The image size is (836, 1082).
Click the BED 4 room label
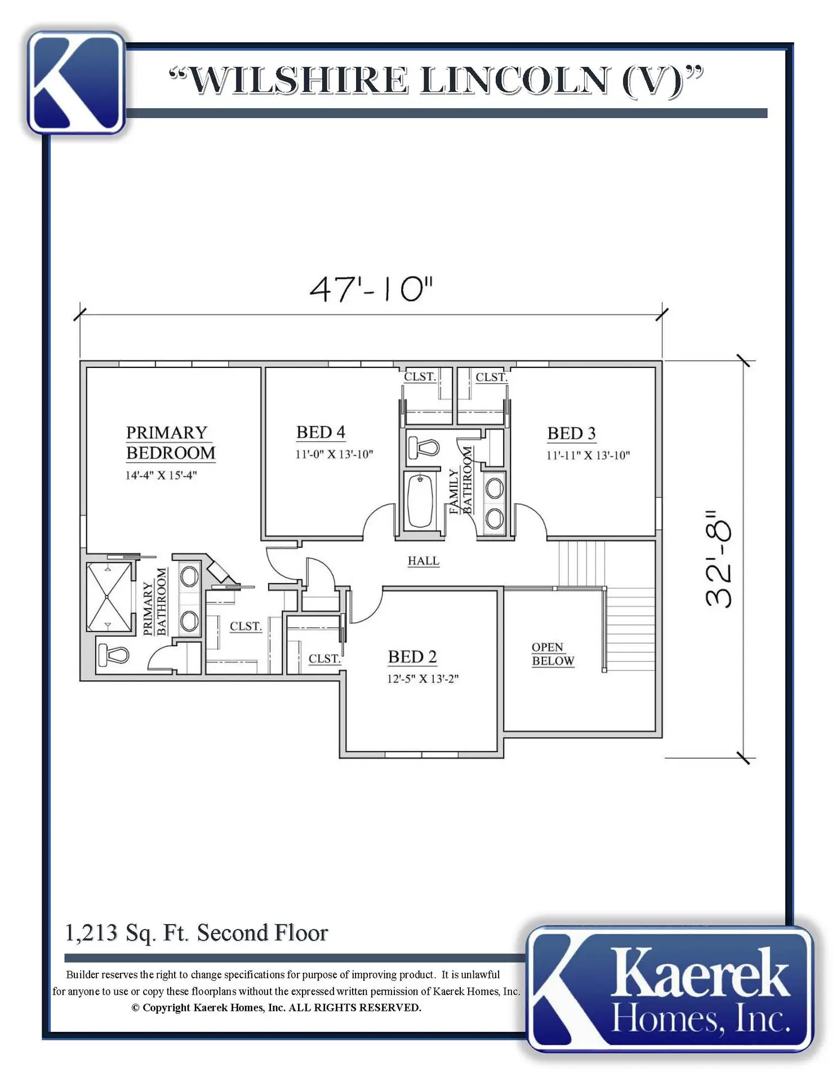pos(321,432)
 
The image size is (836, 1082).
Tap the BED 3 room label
pos(571,433)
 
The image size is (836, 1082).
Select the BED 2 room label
pos(412,657)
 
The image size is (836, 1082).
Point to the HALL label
pos(423,561)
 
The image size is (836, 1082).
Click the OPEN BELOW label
pos(553,654)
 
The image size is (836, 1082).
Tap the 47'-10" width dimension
pos(371,289)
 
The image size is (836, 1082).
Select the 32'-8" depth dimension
pos(719,559)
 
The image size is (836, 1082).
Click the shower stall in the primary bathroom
pos(109,597)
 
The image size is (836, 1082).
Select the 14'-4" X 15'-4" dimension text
pos(161,475)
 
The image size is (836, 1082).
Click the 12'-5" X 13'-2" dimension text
pos(423,679)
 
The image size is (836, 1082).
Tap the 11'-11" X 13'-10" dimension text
pos(588,455)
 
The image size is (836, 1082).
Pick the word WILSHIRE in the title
pos(297,80)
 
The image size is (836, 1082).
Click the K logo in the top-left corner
pos(77,83)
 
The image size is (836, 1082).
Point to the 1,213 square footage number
pos(91,933)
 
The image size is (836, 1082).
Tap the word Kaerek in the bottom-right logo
pos(699,973)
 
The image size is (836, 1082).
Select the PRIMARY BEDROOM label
pos(170,442)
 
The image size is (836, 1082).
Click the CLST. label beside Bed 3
pos(491,377)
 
